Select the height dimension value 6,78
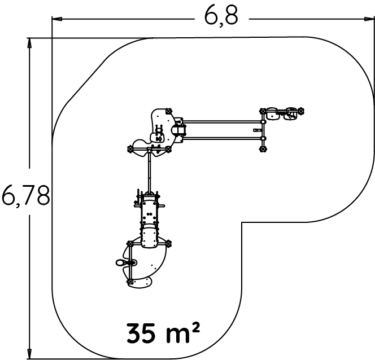pyautogui.click(x=26, y=195)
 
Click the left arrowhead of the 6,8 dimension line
pyautogui.click(x=58, y=19)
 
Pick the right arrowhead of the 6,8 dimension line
pyautogui.click(x=369, y=19)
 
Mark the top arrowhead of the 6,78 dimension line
pyautogui.click(x=29, y=43)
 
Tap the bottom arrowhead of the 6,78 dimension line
pyautogui.click(x=29, y=353)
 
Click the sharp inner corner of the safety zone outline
pyautogui.click(x=242, y=223)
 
